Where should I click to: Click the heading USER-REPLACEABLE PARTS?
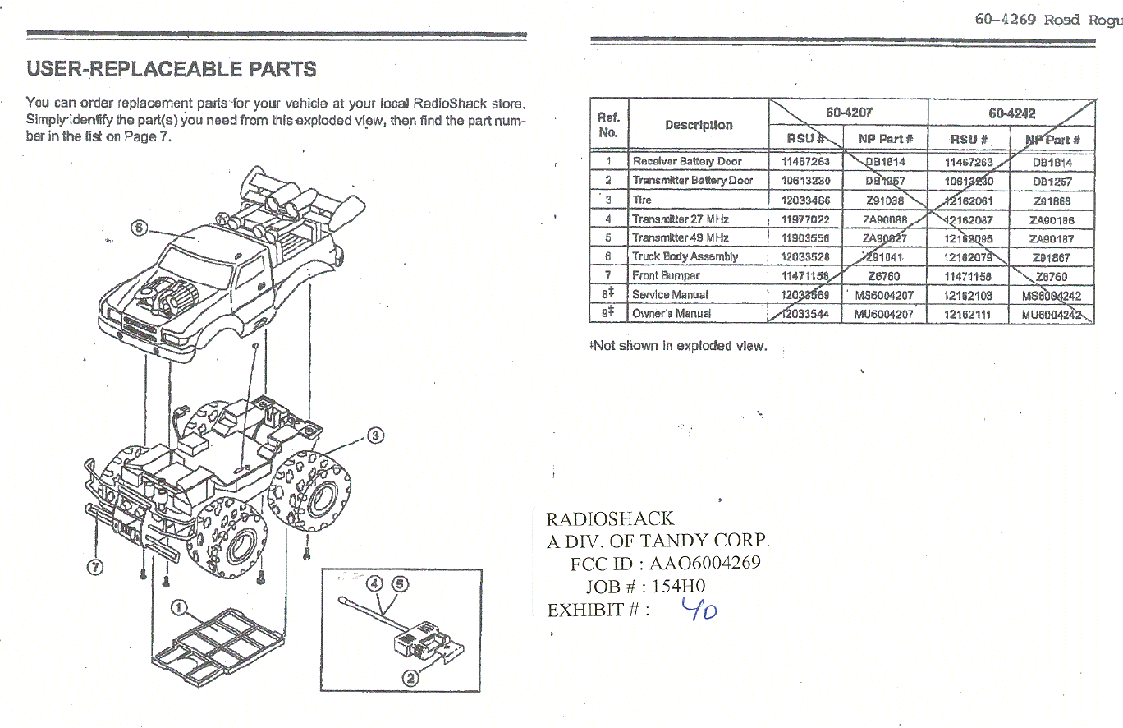(172, 69)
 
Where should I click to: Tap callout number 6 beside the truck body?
(140, 228)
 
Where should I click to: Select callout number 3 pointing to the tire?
(374, 435)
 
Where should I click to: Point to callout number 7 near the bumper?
(95, 567)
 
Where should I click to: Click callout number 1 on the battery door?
(176, 608)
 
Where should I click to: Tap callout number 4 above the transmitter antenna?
(375, 583)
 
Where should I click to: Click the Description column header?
(699, 125)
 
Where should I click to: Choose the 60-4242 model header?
(1012, 113)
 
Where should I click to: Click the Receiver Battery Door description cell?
(686, 162)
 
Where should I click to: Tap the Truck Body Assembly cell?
(685, 256)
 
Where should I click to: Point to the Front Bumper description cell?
(666, 275)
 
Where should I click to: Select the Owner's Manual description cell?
(671, 313)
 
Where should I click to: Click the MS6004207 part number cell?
(883, 294)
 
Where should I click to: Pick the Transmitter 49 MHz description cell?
(680, 237)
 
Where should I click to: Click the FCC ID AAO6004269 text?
(665, 563)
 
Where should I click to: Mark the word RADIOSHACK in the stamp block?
(610, 518)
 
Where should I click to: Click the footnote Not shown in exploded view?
(679, 346)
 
